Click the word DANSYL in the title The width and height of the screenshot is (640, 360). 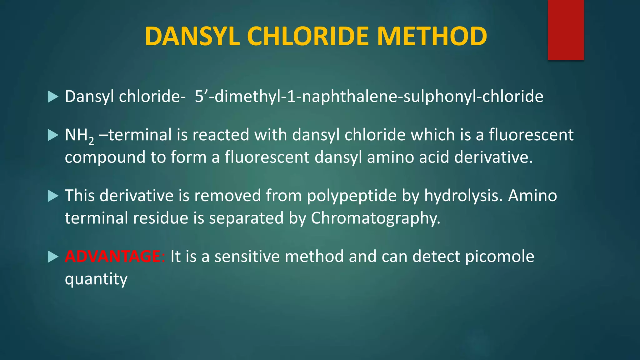[x=192, y=36]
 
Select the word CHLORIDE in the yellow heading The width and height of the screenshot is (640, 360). [x=308, y=36]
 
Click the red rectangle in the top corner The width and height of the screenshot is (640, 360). [x=566, y=30]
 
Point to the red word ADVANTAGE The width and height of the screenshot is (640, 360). [x=113, y=256]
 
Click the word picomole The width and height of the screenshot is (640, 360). [x=499, y=256]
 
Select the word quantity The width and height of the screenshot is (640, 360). [x=96, y=279]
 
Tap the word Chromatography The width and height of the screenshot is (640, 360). [x=375, y=218]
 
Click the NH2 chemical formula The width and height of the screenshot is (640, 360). [x=79, y=136]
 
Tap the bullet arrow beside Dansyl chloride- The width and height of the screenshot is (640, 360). [x=53, y=97]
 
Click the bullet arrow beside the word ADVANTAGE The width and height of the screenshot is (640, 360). [x=53, y=257]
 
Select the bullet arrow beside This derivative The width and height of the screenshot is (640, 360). [x=53, y=196]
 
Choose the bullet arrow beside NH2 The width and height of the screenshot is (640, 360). [x=53, y=135]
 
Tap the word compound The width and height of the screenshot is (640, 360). [x=105, y=157]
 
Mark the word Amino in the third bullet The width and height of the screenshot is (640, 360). [x=532, y=196]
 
